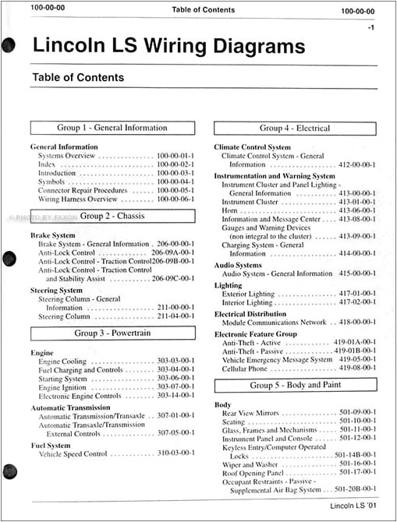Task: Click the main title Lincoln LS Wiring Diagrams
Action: [x=168, y=47]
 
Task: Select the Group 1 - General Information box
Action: [x=112, y=128]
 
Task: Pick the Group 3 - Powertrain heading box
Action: [x=112, y=333]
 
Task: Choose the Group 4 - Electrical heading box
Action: [x=295, y=128]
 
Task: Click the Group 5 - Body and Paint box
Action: [x=295, y=386]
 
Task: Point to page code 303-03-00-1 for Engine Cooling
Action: [x=175, y=362]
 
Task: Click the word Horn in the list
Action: [x=230, y=210]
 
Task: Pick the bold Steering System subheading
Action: [x=57, y=291]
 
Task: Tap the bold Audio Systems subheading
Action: [x=238, y=265]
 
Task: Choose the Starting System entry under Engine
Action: [x=63, y=379]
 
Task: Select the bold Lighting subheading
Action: [x=229, y=286]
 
